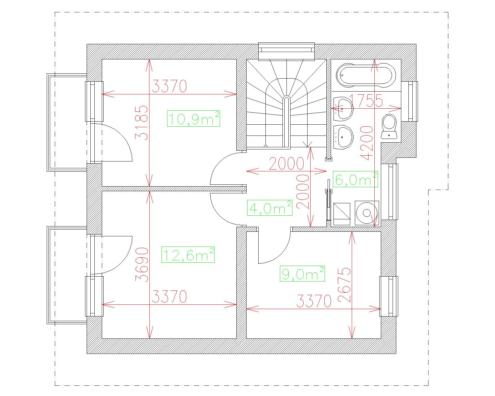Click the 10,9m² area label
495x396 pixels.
point(193,118)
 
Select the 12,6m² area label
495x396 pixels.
point(188,255)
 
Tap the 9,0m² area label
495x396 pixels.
point(302,273)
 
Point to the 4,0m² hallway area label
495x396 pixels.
point(269,208)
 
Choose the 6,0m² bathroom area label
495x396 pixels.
point(355,179)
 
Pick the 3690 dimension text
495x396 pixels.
point(141,265)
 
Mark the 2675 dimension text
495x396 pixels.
point(344,285)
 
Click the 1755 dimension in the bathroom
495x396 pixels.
point(366,101)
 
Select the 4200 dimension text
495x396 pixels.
point(367,143)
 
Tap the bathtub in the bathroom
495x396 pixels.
point(366,75)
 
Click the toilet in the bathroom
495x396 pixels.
point(389,127)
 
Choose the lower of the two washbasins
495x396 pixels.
point(343,137)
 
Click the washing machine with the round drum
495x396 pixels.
point(367,213)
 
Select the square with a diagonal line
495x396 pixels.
point(342,214)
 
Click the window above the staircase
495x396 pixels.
point(286,52)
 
